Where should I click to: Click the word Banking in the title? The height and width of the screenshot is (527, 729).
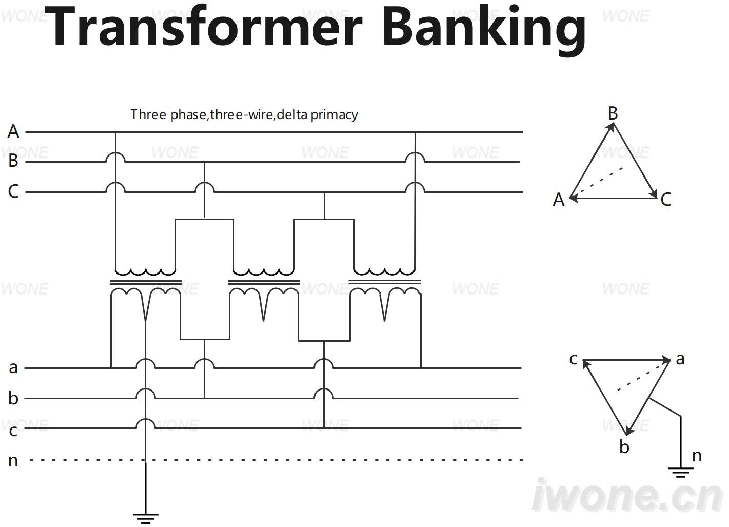pyautogui.click(x=484, y=30)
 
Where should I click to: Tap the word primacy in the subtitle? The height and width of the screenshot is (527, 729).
pyautogui.click(x=334, y=115)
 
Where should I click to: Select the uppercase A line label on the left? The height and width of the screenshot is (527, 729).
pyautogui.click(x=13, y=131)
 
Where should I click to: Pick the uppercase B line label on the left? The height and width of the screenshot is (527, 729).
pyautogui.click(x=13, y=161)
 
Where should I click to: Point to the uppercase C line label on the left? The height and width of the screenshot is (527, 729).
pyautogui.click(x=13, y=191)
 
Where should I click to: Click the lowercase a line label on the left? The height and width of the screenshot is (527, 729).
pyautogui.click(x=13, y=368)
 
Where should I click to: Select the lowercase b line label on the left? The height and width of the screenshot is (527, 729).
pyautogui.click(x=13, y=398)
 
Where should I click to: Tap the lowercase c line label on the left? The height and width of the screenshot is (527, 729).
pyautogui.click(x=13, y=431)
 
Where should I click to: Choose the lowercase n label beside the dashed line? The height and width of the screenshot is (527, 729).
pyautogui.click(x=13, y=461)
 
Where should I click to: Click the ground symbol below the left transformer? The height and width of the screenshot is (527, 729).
pyautogui.click(x=146, y=518)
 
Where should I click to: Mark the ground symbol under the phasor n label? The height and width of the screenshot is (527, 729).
pyautogui.click(x=680, y=472)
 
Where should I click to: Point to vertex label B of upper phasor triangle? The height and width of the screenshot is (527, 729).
pyautogui.click(x=613, y=113)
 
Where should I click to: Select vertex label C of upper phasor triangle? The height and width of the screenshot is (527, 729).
pyautogui.click(x=666, y=200)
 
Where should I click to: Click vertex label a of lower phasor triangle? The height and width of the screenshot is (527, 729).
pyautogui.click(x=680, y=360)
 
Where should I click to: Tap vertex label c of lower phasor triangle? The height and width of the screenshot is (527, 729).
pyautogui.click(x=574, y=359)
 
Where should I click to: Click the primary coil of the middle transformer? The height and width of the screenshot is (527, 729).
pyautogui.click(x=264, y=272)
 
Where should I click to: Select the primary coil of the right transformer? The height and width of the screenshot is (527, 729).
pyautogui.click(x=385, y=272)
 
